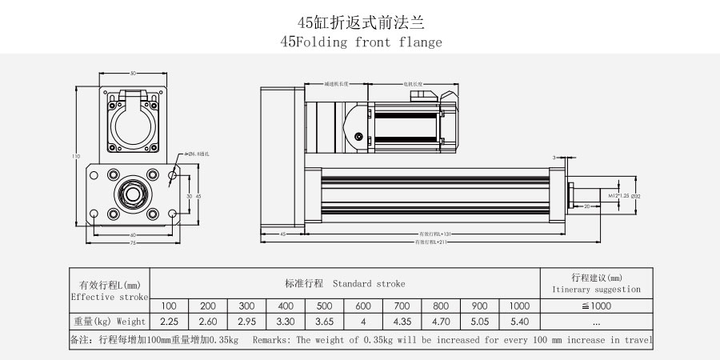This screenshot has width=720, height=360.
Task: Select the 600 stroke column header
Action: [363, 306]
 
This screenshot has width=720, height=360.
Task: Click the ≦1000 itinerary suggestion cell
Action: [596, 306]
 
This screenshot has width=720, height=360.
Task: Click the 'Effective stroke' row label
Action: [110, 296]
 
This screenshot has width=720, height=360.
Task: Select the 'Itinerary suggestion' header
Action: [596, 289]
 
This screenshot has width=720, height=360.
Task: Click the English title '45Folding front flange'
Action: [361, 42]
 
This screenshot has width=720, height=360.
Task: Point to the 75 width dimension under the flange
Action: [134, 242]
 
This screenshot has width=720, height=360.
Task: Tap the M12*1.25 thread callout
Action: [614, 194]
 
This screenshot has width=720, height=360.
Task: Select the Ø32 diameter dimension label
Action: [638, 194]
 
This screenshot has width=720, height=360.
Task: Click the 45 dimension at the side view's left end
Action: [283, 234]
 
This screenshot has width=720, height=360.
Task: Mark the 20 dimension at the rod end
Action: [586, 206]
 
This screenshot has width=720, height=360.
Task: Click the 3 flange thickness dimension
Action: [553, 158]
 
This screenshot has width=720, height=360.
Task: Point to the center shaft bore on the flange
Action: [134, 194]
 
